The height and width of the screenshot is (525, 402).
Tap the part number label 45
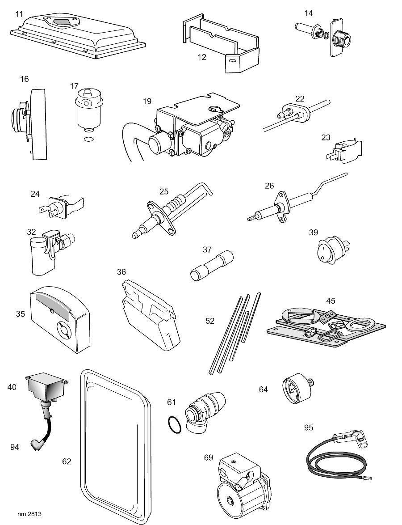coord(330,301)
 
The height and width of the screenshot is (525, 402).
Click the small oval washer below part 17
coord(88,140)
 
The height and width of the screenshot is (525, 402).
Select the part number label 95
coord(308,428)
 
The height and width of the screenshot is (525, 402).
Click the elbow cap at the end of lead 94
coord(35,444)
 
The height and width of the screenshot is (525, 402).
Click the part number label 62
coord(67,461)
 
